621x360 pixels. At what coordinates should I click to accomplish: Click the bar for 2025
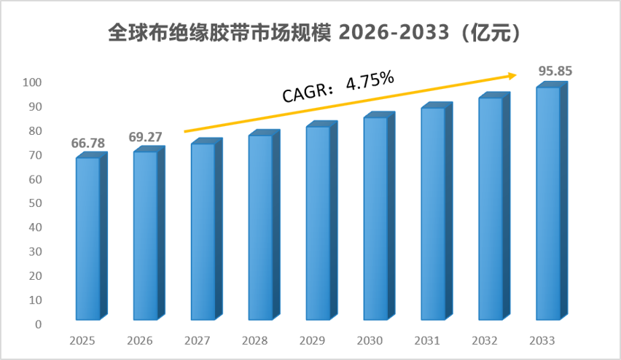point(92,236)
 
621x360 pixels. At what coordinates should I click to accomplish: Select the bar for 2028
point(264,224)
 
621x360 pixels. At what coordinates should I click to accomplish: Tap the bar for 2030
point(379,216)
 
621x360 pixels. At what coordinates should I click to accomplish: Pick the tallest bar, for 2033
point(552,201)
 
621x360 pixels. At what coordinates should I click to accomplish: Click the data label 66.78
point(88,143)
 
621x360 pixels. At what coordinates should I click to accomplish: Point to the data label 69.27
point(145,137)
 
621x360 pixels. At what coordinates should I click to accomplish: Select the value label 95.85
point(555,71)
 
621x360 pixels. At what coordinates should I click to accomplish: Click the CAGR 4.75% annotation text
point(337,87)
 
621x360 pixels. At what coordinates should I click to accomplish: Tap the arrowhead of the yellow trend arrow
point(513,75)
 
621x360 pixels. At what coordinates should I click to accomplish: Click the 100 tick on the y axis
point(32,82)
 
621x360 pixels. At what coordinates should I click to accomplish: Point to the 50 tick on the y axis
point(35,203)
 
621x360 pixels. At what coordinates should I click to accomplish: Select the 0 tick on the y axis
point(38,324)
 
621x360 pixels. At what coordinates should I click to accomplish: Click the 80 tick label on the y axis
point(35,130)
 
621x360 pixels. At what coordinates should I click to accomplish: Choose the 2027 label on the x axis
point(198,340)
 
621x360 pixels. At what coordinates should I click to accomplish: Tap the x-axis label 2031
point(427,340)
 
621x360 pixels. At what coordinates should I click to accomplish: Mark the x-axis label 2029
point(312,340)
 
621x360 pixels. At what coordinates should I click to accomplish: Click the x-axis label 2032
point(485,340)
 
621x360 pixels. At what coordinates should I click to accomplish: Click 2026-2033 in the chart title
point(394,32)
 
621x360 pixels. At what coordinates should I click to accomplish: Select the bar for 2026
point(149,233)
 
